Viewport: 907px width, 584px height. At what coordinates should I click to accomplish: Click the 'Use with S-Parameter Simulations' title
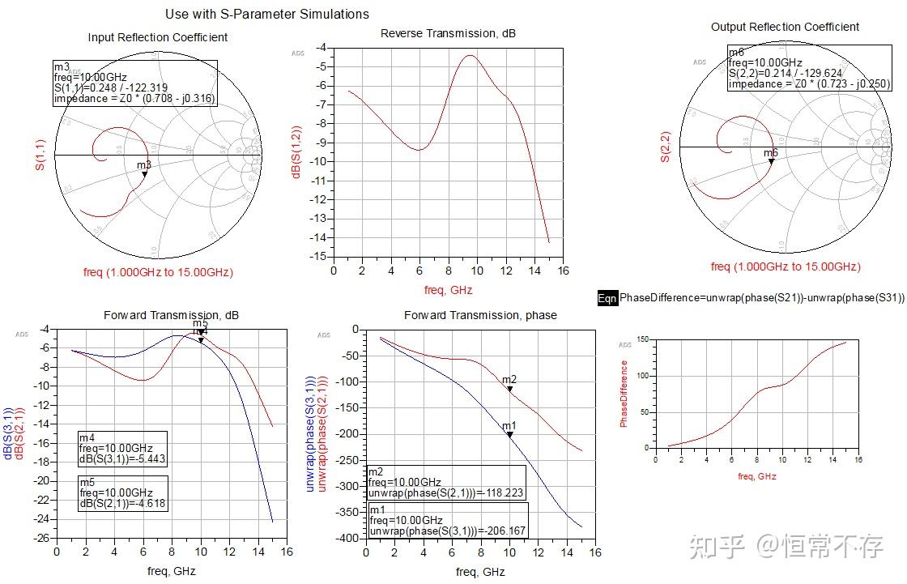[x=266, y=14]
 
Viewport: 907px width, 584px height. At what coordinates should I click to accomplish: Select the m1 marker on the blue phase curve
[x=510, y=435]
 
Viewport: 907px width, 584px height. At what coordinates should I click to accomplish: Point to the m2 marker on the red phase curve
[x=510, y=389]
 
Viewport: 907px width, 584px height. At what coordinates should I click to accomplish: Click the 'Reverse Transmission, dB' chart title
[x=448, y=33]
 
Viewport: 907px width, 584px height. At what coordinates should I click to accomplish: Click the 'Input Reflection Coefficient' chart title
[x=157, y=37]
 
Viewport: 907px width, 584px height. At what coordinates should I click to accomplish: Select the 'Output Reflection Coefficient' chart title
[x=785, y=27]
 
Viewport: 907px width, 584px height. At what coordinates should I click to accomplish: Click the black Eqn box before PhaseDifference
[x=607, y=298]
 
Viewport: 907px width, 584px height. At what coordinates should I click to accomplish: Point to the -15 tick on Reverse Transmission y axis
[x=321, y=256]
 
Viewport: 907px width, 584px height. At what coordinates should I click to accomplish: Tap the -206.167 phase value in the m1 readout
[x=502, y=531]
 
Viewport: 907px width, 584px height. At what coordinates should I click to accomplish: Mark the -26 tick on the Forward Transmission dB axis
[x=41, y=539]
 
